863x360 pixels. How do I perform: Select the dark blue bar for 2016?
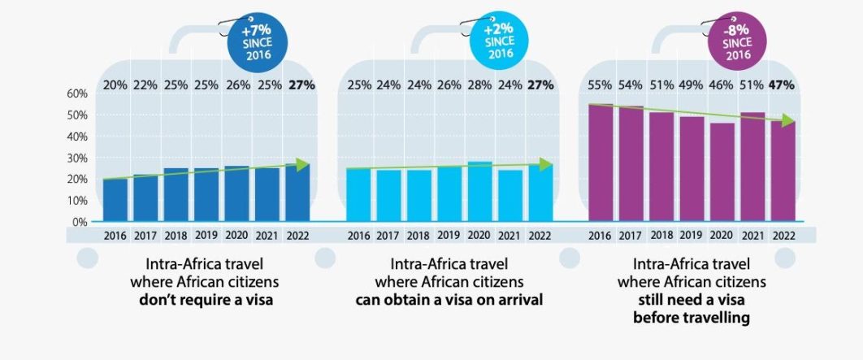tap(115, 200)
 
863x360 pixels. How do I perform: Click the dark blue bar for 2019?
tap(206, 195)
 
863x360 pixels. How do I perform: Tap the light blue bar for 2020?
tap(479, 192)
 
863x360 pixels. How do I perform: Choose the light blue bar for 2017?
tap(388, 196)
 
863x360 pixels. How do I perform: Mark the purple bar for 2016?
tap(601, 163)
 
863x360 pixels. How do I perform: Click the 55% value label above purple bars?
tap(601, 85)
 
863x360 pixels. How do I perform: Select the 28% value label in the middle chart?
tap(479, 85)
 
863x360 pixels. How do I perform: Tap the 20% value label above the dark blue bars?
tap(115, 85)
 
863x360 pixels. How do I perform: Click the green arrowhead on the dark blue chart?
tap(302, 165)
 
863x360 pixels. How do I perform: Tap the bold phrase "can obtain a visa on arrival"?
tap(449, 300)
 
